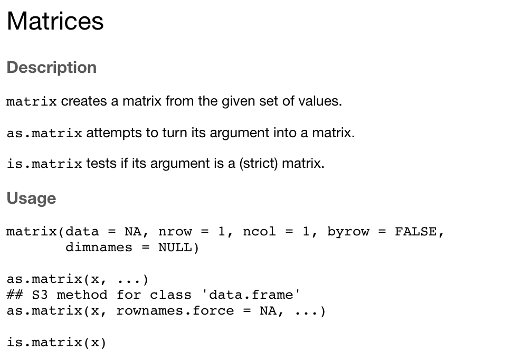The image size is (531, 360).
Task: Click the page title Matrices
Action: tap(55, 21)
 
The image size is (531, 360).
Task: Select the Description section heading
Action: tap(52, 68)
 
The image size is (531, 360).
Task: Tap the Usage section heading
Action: tap(31, 198)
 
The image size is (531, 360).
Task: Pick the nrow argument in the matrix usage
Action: tap(175, 232)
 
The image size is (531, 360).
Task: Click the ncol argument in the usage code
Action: tap(259, 232)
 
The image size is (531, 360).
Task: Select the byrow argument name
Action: tap(348, 232)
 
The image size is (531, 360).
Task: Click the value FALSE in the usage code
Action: tap(415, 232)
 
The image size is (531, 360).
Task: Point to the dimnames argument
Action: tap(99, 248)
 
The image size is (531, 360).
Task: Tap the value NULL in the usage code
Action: tap(175, 248)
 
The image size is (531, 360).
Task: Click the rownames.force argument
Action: tap(175, 311)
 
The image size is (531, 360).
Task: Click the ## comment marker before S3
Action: tap(15, 295)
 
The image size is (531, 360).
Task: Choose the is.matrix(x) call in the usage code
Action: tap(56, 343)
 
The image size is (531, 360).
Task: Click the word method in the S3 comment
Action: tap(82, 295)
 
